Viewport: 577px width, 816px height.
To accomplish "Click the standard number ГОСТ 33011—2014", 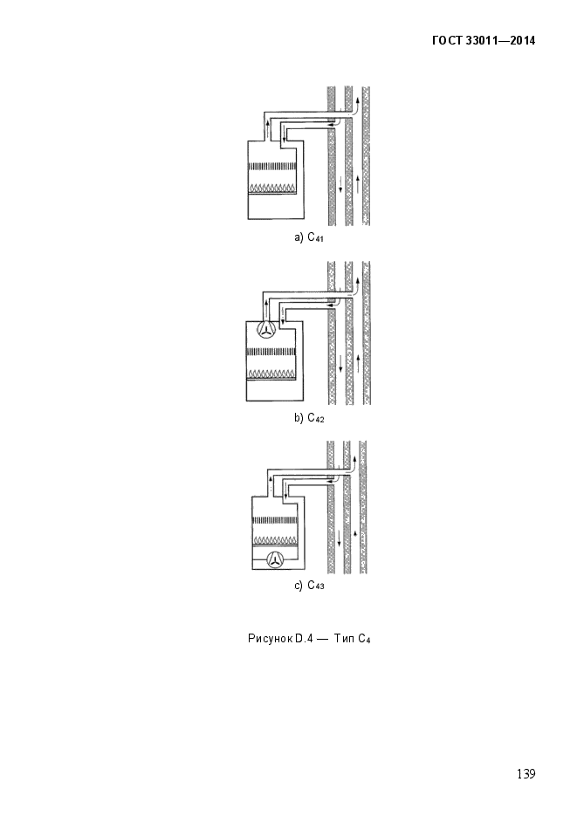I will pos(483,41).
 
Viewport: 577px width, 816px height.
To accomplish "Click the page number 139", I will pos(525,774).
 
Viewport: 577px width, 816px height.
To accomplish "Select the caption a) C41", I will pos(309,237).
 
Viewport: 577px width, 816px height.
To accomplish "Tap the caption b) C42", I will pos(309,420).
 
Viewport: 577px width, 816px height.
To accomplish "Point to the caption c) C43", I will pos(309,586).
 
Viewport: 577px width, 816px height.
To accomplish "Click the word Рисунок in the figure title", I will pos(270,640).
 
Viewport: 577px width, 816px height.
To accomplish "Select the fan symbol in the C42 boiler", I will pos(268,329).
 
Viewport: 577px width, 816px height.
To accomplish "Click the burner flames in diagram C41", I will pos(274,187).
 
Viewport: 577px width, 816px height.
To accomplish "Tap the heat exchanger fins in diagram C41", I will pos(274,167).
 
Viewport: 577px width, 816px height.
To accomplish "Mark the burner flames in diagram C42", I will pos(274,373).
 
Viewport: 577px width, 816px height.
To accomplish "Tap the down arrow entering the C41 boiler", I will pos(284,135).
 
